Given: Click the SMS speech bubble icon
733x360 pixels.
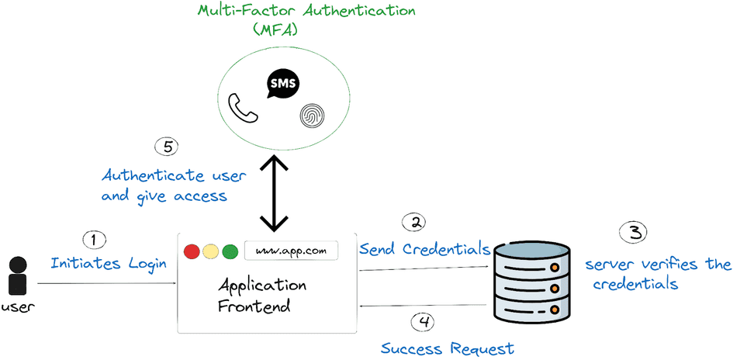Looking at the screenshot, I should [x=282, y=85].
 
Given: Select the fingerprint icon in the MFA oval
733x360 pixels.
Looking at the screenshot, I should [x=310, y=117].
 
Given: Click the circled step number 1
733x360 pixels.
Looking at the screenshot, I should [x=95, y=240].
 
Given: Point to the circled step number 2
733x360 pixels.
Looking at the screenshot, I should [x=416, y=223].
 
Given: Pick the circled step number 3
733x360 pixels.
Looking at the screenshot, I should [x=634, y=231].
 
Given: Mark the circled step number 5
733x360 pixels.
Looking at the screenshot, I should [x=167, y=145].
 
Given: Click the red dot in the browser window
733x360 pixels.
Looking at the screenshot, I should [x=192, y=251].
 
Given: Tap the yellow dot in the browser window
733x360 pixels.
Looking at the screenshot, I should [x=210, y=251].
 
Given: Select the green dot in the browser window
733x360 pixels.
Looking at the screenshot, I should [x=230, y=251].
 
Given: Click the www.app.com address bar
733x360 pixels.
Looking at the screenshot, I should [x=291, y=251].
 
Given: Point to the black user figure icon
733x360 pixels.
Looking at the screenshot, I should [x=18, y=275].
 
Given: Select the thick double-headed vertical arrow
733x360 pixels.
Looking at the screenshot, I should [x=276, y=193].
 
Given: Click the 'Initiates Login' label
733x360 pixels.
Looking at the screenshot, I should [x=109, y=264].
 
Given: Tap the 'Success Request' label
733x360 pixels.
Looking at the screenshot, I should [x=447, y=348].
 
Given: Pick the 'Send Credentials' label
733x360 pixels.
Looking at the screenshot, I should [x=424, y=249].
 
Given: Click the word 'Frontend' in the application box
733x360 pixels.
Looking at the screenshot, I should [x=254, y=306].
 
